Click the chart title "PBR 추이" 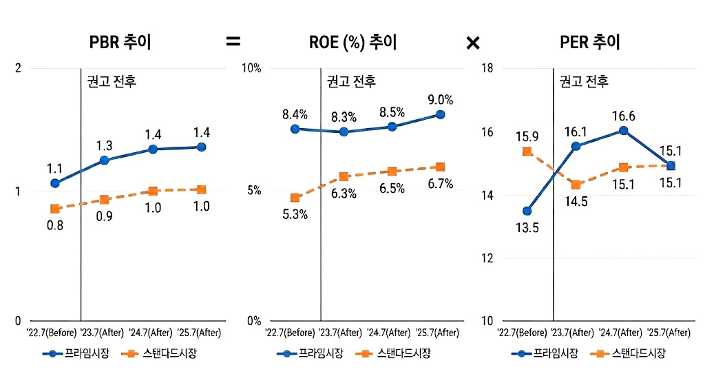pyautogui.click(x=120, y=43)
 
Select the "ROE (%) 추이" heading pyautogui.click(x=353, y=43)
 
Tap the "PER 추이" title pyautogui.click(x=590, y=43)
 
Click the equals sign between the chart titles pyautogui.click(x=233, y=43)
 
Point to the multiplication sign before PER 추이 pyautogui.click(x=472, y=43)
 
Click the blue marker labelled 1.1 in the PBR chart pyautogui.click(x=55, y=183)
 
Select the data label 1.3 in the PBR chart pyautogui.click(x=105, y=146)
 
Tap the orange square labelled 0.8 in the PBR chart pyautogui.click(x=55, y=209)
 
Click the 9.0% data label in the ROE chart pyautogui.click(x=441, y=100)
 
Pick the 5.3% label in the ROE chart pyautogui.click(x=295, y=214)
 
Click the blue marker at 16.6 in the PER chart pyautogui.click(x=623, y=130)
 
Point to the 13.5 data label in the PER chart pyautogui.click(x=527, y=228)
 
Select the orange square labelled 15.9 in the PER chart pyautogui.click(x=527, y=152)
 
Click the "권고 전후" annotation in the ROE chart pyautogui.click(x=350, y=82)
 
